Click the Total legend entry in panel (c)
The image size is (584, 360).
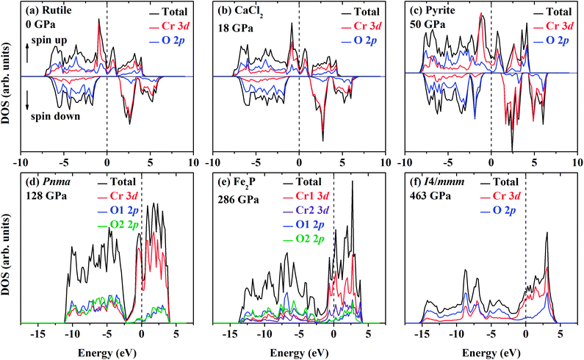pyautogui.click(x=547, y=12)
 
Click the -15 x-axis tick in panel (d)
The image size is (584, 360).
pyautogui.click(x=38, y=333)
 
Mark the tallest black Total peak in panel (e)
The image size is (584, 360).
pyautogui.click(x=353, y=181)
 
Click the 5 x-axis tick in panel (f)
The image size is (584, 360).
pyautogui.click(x=560, y=333)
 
